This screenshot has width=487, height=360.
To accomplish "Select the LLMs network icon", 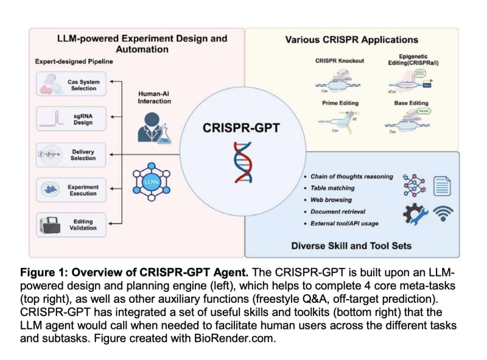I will pyautogui.click(x=152, y=182).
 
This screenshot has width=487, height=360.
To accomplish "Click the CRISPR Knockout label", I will pyautogui.click(x=340, y=61).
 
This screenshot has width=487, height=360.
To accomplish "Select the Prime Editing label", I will pyautogui.click(x=340, y=103).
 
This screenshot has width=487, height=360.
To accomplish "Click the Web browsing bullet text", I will pyautogui.click(x=331, y=200).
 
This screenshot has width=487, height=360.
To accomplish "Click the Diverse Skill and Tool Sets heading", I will pyautogui.click(x=351, y=245).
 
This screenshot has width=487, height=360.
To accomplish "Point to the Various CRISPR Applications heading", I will pyautogui.click(x=351, y=40).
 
